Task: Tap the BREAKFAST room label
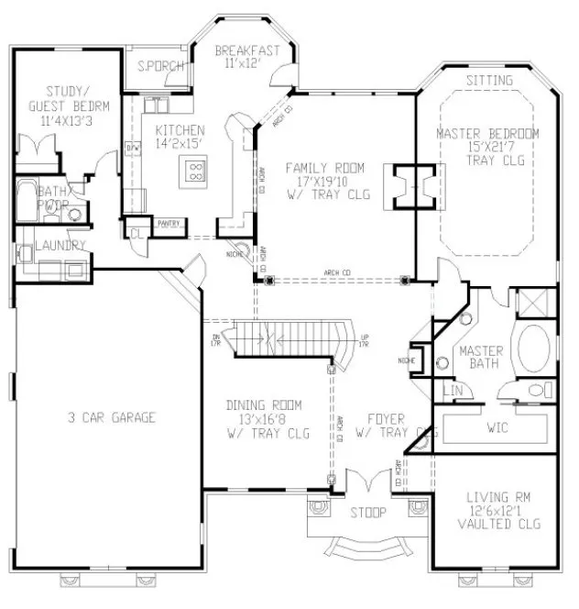[x=246, y=51]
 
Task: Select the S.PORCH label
[x=159, y=67]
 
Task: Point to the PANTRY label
[x=169, y=223]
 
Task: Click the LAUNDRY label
[x=60, y=246]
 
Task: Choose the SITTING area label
[x=489, y=81]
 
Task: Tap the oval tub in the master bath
[x=533, y=349]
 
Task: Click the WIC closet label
[x=497, y=427]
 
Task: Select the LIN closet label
[x=453, y=392]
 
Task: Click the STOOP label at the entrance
[x=368, y=512]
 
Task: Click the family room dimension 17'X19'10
[x=324, y=182]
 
